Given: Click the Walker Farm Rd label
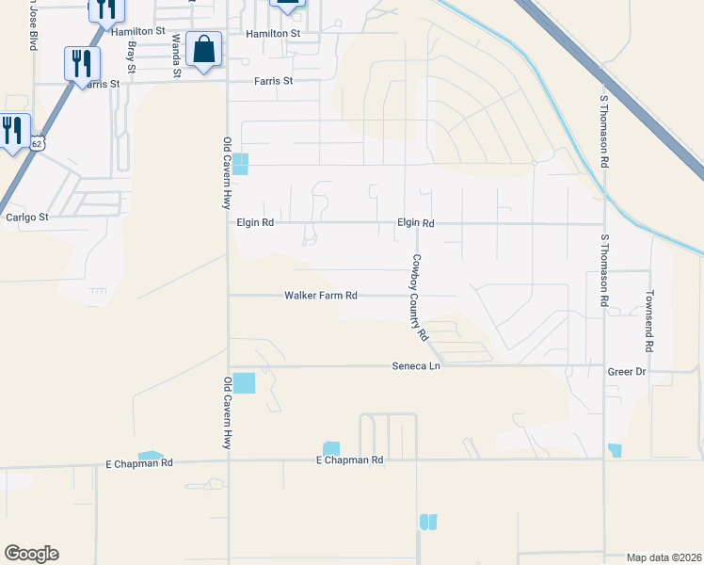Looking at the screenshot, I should (x=321, y=296).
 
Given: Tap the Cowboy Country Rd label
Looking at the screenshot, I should (x=418, y=297).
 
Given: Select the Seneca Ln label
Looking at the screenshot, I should (x=415, y=365).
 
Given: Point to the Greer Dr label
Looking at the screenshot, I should (x=626, y=372).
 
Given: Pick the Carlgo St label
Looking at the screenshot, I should (x=26, y=217).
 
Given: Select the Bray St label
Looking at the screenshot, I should (x=130, y=58).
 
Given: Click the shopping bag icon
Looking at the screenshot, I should (x=203, y=49).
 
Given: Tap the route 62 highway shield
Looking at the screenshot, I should (x=36, y=142).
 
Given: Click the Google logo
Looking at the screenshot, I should (x=31, y=554).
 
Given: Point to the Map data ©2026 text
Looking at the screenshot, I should (x=664, y=557).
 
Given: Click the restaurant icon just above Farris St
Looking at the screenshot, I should (x=82, y=63).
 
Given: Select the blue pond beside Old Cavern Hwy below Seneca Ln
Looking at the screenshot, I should (x=243, y=383).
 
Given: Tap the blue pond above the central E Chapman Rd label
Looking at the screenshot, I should (x=331, y=448).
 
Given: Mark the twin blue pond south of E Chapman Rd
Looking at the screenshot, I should (x=428, y=522).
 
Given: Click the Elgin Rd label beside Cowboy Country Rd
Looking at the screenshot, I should (x=415, y=223).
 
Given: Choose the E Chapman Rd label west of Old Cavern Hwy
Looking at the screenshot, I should (x=140, y=463).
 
